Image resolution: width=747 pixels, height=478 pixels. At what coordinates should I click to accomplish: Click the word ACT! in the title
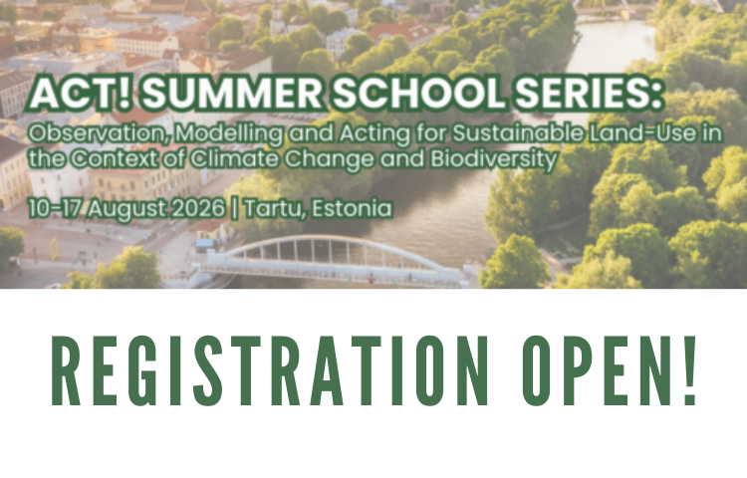point(62,95)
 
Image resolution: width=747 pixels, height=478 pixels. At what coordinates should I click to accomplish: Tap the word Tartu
point(253,210)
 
